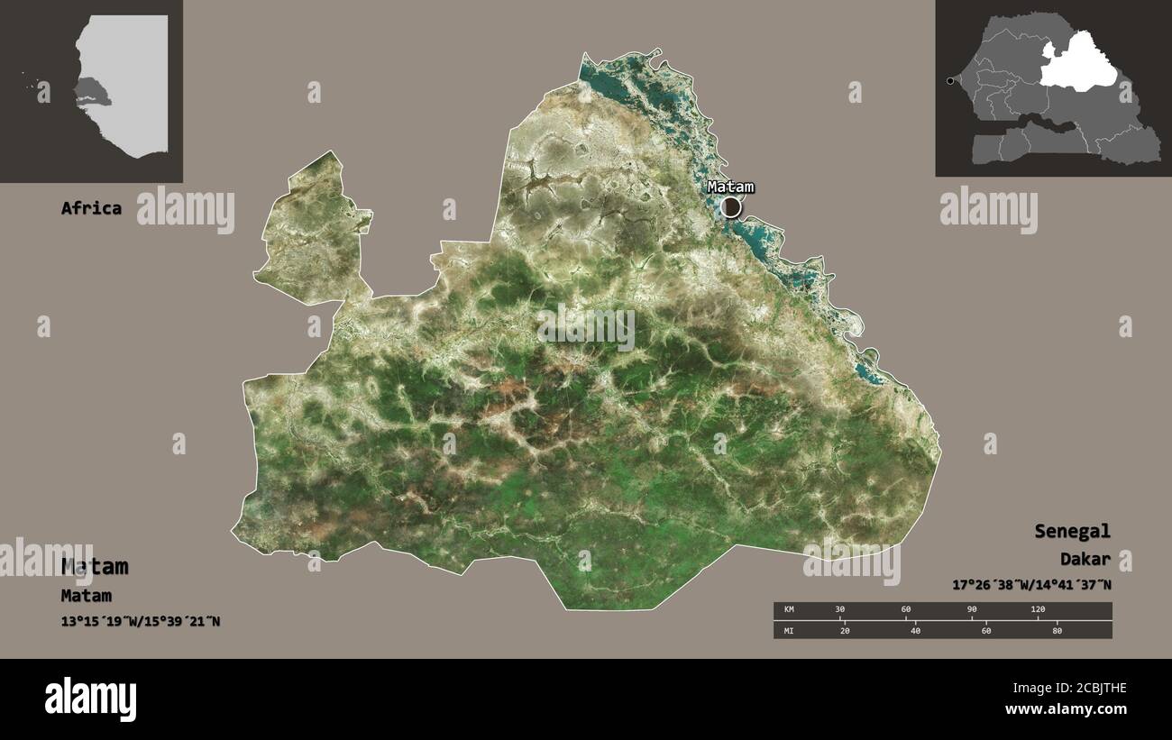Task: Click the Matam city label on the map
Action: [730, 187]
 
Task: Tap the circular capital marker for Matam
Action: [731, 207]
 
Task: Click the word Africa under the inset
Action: [91, 208]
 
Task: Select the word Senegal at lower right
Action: [1072, 531]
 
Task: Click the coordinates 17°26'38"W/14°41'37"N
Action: [1031, 585]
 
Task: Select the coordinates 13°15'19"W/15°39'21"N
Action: [141, 621]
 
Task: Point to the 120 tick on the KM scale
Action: [1038, 610]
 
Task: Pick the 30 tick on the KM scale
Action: [840, 610]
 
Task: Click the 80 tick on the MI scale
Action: [1057, 630]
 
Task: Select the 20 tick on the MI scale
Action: [844, 630]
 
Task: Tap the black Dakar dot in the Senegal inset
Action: [949, 82]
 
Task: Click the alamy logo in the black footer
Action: [90, 699]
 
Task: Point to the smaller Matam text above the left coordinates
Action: [87, 596]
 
